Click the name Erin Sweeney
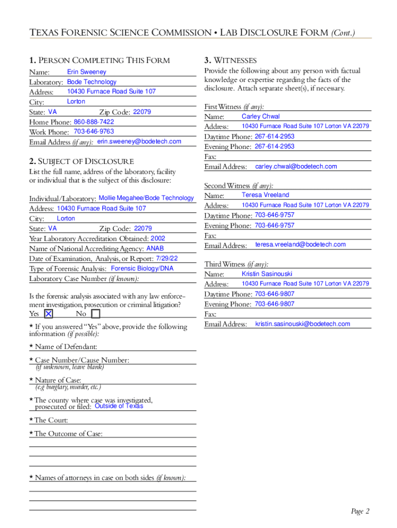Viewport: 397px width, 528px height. (x=87, y=72)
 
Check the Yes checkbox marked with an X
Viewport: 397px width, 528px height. (x=48, y=313)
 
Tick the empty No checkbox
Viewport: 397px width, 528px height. (x=96, y=313)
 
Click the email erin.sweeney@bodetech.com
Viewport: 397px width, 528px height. (x=139, y=141)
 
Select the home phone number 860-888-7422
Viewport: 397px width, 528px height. (x=94, y=122)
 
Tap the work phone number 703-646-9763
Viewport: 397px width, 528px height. (x=94, y=131)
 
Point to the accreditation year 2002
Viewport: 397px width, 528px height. (x=158, y=238)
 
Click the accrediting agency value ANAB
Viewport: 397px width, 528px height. (x=155, y=249)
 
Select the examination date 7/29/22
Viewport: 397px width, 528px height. (x=167, y=258)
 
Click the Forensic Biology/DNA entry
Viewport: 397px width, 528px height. (x=142, y=269)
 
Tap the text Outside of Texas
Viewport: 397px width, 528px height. (x=119, y=406)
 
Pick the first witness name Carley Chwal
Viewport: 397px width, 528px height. (x=261, y=117)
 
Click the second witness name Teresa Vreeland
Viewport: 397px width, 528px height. (x=266, y=195)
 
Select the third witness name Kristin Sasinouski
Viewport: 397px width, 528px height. (x=267, y=274)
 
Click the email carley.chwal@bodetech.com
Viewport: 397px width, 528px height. (x=296, y=167)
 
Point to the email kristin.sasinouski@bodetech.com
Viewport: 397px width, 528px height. (x=303, y=324)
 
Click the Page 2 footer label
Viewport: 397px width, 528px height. (x=360, y=511)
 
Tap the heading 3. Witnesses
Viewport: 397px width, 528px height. (x=230, y=60)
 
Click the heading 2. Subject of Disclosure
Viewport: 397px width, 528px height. (x=81, y=161)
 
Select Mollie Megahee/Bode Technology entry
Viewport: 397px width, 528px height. (x=146, y=198)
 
